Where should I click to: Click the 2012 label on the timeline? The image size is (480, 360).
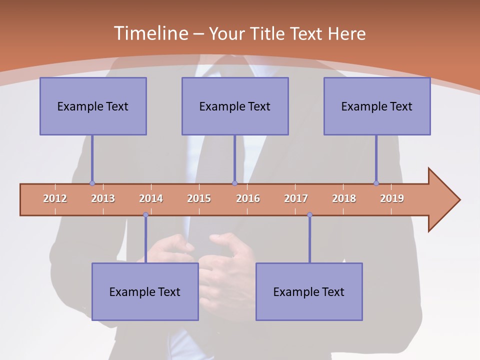[55, 198]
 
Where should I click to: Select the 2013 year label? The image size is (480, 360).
[103, 198]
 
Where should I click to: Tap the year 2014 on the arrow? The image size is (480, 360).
[151, 198]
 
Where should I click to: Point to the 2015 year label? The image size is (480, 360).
[199, 198]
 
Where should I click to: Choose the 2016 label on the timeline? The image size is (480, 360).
[248, 198]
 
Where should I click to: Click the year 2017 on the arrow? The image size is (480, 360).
[296, 198]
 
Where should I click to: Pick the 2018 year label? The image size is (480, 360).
[344, 198]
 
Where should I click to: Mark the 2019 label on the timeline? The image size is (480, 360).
[392, 198]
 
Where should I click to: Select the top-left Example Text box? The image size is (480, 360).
[93, 106]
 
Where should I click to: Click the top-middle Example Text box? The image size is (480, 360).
[235, 106]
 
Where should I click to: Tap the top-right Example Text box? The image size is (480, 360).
[377, 106]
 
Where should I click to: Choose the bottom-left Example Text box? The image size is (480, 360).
[145, 291]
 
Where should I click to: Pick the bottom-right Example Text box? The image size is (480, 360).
[309, 291]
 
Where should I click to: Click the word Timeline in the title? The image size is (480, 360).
[150, 33]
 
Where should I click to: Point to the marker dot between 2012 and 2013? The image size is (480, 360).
[92, 183]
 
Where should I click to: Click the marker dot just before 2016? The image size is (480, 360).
[234, 183]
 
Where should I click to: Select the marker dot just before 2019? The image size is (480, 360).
[376, 183]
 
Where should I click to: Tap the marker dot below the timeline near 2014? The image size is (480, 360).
[145, 214]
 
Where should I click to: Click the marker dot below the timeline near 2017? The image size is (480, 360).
[309, 214]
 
